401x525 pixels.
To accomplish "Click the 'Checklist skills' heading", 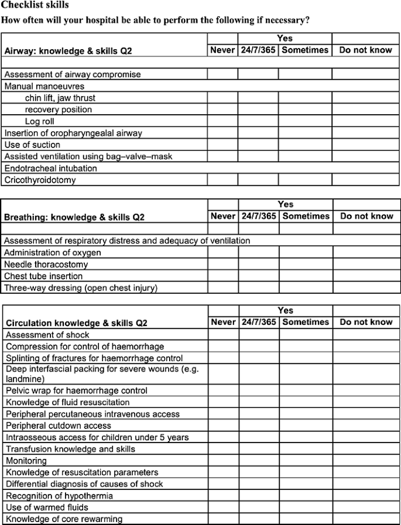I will (x=35, y=5).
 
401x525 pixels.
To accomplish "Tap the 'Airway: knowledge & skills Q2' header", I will (x=68, y=51).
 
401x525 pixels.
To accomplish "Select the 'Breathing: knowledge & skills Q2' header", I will (x=74, y=217).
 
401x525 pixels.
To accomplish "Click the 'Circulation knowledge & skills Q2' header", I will (x=77, y=323).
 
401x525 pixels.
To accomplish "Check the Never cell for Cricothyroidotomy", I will (x=222, y=180).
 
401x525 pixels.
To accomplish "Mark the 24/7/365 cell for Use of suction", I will (x=258, y=145).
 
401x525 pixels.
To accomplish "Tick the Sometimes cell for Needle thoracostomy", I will (x=306, y=264).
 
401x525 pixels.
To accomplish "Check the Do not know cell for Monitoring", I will (x=366, y=461).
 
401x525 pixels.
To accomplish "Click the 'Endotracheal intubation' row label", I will (x=51, y=168).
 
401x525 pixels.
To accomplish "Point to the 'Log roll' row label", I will (x=39, y=121).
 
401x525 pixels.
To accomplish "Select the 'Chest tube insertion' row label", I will (x=43, y=276).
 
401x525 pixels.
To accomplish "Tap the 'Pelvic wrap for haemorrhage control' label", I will (x=77, y=390).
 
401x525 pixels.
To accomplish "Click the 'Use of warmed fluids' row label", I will (x=46, y=507).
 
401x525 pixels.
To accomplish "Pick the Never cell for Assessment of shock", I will (x=223, y=335).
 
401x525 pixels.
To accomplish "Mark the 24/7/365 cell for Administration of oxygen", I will (x=258, y=252).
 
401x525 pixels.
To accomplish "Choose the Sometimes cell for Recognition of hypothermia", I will (x=306, y=496).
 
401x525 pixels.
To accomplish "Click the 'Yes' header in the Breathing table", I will (x=286, y=204).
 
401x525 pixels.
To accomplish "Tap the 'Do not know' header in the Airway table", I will (x=365, y=50).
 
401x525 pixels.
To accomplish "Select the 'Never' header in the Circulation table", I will (x=223, y=322).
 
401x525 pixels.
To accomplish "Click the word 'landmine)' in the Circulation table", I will (x=23, y=379).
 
